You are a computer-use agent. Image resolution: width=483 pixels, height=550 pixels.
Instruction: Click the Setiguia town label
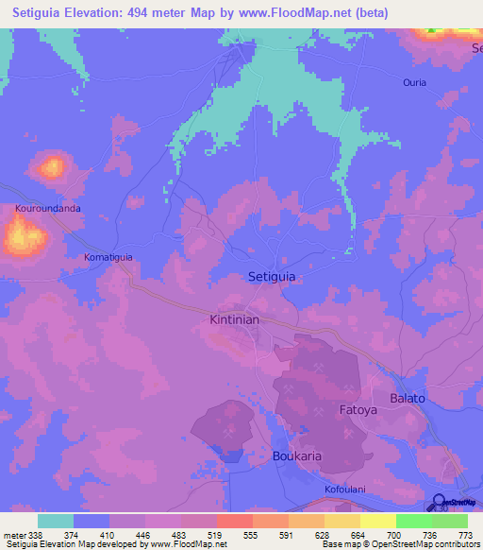271,277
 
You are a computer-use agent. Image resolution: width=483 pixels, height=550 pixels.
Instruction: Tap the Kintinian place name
233,320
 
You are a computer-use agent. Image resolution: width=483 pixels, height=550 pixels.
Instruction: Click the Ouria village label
414,82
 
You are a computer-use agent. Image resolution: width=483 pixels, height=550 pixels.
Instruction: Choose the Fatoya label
358,411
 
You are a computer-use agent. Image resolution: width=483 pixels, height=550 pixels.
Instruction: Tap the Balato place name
408,398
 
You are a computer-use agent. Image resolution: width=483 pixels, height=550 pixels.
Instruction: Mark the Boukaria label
297,455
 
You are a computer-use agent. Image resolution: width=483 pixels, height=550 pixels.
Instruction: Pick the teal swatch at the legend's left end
56,521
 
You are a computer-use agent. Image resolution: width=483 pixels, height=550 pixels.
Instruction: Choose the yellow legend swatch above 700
378,521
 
